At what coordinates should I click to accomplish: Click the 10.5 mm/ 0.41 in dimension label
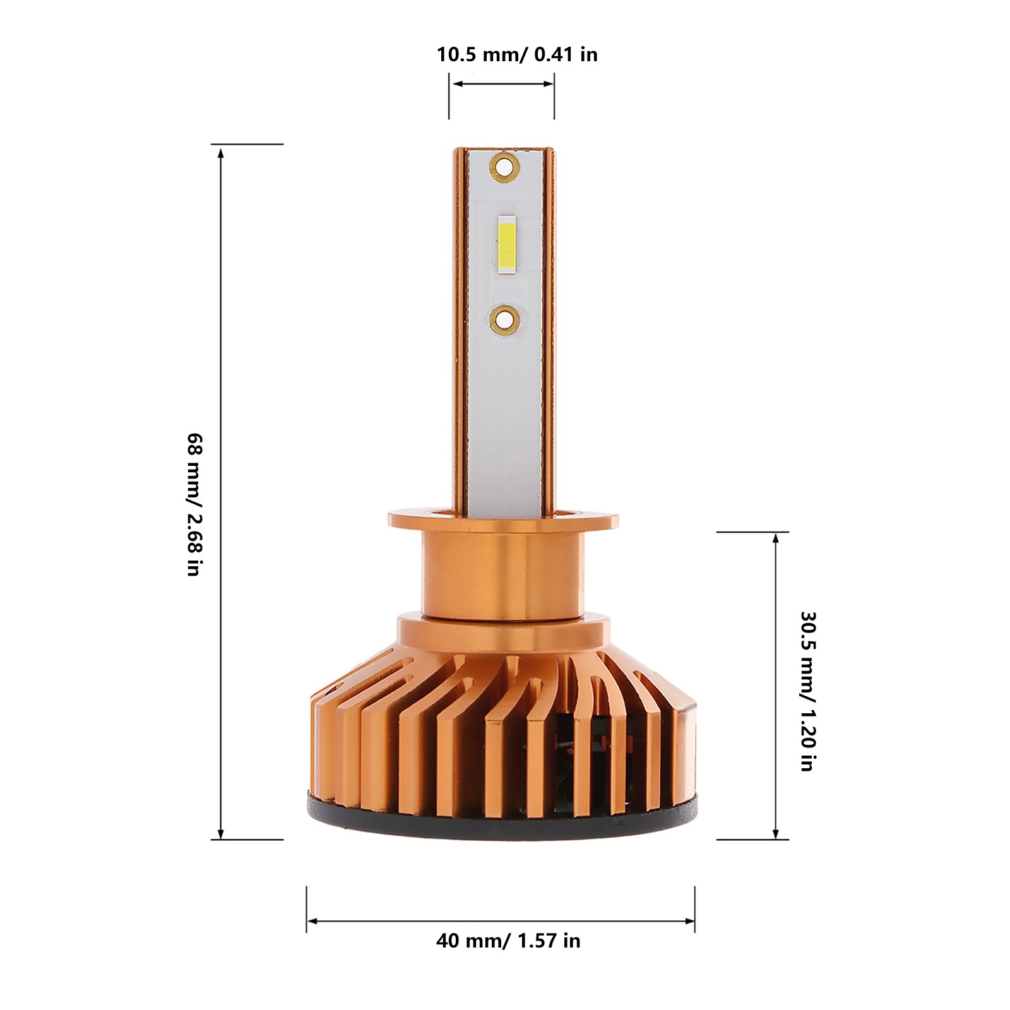click(x=517, y=54)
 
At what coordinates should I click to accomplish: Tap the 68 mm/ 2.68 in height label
click(x=194, y=504)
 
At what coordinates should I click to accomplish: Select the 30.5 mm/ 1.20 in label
click(x=808, y=691)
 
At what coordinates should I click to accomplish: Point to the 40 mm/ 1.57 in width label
click(x=508, y=941)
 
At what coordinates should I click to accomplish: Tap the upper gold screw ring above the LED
click(x=504, y=167)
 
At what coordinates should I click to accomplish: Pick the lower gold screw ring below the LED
click(x=504, y=319)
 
